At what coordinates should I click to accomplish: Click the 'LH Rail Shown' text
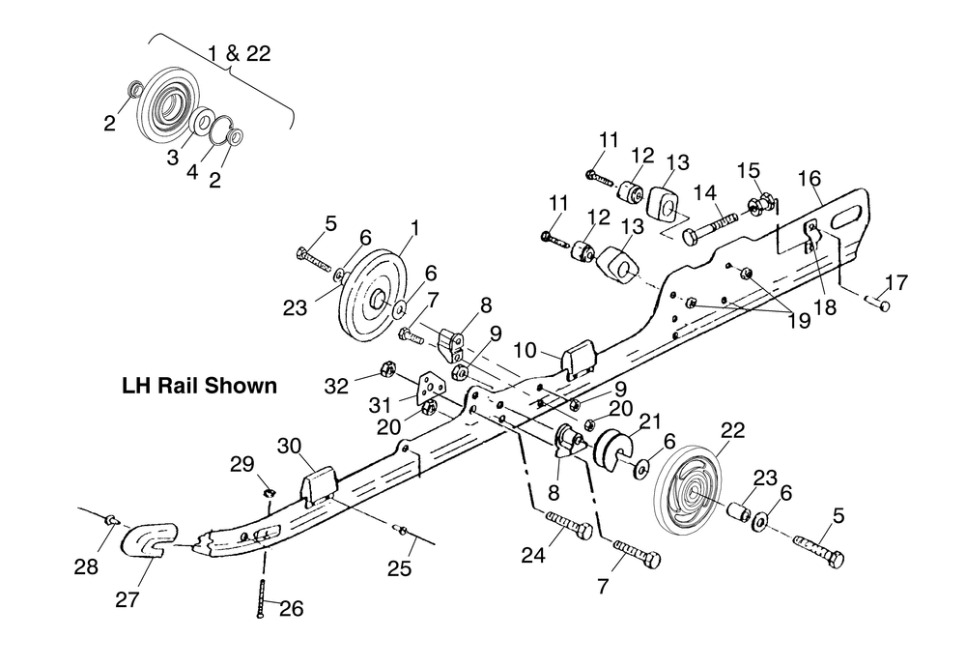[200, 386]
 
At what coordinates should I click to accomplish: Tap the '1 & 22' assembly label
[239, 53]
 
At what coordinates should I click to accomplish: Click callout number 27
[128, 598]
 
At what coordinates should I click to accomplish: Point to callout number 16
[810, 178]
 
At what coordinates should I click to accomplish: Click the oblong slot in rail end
[846, 217]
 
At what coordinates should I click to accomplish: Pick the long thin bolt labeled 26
[261, 598]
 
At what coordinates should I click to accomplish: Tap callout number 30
[290, 445]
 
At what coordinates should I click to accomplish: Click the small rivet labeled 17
[877, 303]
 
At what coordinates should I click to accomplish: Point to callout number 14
[705, 193]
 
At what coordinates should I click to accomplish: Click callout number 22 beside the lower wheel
[732, 429]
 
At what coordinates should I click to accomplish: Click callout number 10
[525, 350]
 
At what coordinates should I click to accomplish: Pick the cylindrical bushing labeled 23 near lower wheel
[739, 513]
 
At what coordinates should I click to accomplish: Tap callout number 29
[242, 464]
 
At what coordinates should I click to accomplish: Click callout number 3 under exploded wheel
[173, 157]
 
